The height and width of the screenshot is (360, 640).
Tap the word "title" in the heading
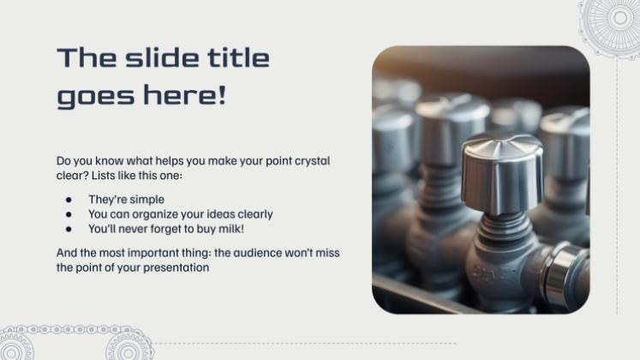(239, 57)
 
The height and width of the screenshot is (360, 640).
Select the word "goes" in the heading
(96, 95)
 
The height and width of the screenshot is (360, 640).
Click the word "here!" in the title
(184, 94)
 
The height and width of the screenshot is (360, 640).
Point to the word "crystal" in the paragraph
(312, 161)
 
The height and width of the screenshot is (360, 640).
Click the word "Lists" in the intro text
(103, 176)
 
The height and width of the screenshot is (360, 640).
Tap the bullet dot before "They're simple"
(69, 200)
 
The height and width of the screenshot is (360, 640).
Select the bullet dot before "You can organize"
(69, 214)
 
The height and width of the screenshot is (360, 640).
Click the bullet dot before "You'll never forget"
(69, 229)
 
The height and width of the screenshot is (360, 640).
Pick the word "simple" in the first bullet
(146, 200)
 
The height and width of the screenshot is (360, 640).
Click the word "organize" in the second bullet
(155, 214)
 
